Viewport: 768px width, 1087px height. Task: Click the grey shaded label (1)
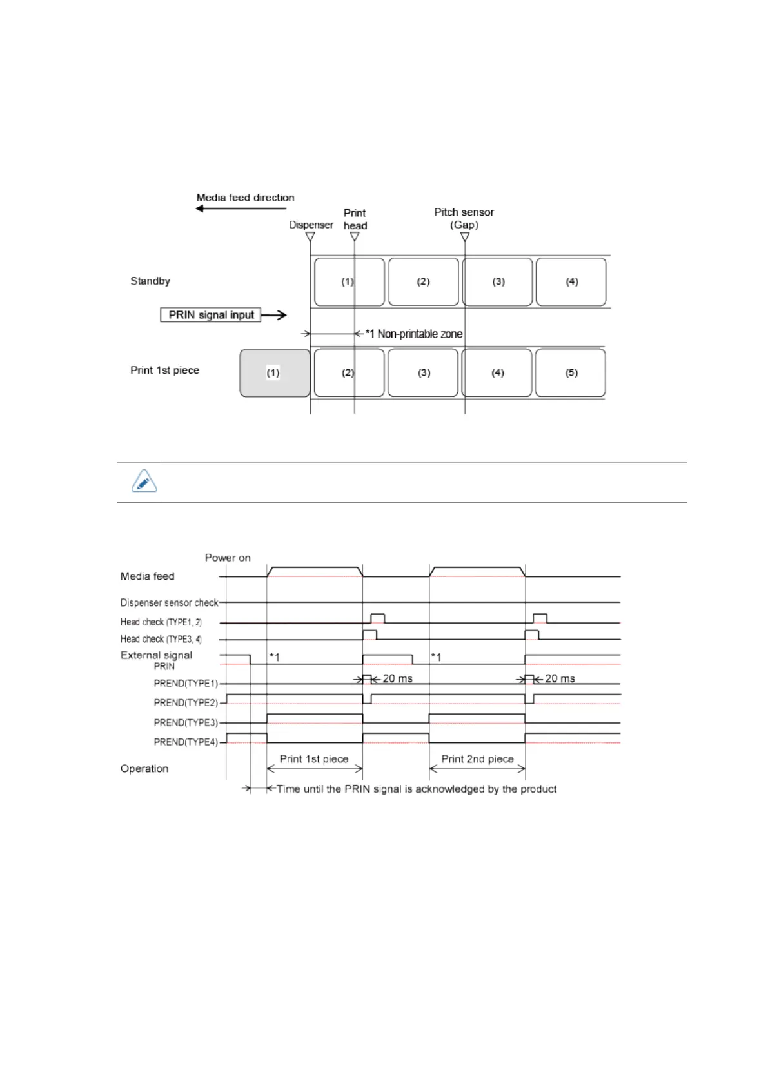275,373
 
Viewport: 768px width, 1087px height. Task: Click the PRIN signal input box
211,315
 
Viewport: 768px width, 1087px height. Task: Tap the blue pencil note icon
144,482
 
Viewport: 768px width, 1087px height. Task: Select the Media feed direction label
245,198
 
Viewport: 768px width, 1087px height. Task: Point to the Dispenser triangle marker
310,237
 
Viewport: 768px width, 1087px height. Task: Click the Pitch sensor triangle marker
465,237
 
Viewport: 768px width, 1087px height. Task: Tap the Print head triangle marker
355,237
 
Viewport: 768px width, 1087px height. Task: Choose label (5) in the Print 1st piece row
571,373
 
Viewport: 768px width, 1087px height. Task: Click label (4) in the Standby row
571,282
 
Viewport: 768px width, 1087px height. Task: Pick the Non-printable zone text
419,334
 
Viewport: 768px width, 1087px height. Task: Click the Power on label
228,558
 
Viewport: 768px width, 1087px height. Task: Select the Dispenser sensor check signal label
169,603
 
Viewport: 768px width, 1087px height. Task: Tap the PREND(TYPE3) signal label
186,722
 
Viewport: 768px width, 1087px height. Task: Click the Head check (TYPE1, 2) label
161,622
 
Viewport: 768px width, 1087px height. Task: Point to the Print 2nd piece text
477,759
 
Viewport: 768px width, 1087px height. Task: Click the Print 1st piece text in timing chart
314,759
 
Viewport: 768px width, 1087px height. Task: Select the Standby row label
150,281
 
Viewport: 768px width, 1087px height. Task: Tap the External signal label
156,655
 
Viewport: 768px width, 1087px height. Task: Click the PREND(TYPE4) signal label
186,742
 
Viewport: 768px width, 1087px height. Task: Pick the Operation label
144,769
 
